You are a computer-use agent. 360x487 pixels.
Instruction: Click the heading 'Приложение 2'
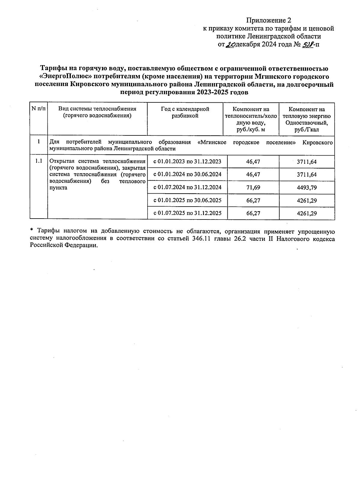click(268, 20)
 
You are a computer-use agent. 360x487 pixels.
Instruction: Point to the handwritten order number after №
click(307, 45)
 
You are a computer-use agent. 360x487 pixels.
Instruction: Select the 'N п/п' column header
click(39, 109)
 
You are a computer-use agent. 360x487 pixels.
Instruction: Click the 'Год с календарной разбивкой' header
click(185, 112)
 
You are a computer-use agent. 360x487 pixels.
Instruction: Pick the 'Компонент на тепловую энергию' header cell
click(307, 119)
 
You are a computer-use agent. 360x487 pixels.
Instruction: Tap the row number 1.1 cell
click(39, 161)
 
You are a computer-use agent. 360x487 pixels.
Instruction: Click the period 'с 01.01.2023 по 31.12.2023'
click(187, 162)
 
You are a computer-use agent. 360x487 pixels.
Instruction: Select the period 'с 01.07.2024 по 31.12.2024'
click(187, 187)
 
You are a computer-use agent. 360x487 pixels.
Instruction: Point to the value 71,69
click(253, 187)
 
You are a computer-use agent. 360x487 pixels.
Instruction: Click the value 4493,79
click(307, 188)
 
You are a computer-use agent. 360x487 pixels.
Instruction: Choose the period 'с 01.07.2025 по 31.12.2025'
click(187, 213)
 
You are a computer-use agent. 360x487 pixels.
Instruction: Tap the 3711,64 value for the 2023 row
click(307, 162)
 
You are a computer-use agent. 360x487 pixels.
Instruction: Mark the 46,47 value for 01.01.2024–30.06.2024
click(253, 174)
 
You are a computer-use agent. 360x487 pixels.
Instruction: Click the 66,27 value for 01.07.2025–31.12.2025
click(253, 213)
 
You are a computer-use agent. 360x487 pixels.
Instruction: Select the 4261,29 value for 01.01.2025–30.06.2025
click(307, 201)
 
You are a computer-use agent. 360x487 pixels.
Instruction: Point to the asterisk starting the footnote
click(31, 231)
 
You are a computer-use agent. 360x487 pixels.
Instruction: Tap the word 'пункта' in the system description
click(58, 188)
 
